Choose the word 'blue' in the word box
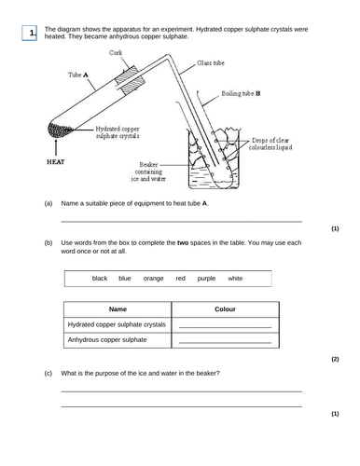(x=124, y=278)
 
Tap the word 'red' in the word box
(x=180, y=278)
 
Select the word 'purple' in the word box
(x=206, y=278)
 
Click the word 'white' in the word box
(x=235, y=278)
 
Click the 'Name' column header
(x=118, y=308)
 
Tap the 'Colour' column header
(x=225, y=308)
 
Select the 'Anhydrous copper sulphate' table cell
(x=107, y=340)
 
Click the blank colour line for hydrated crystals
(x=225, y=327)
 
